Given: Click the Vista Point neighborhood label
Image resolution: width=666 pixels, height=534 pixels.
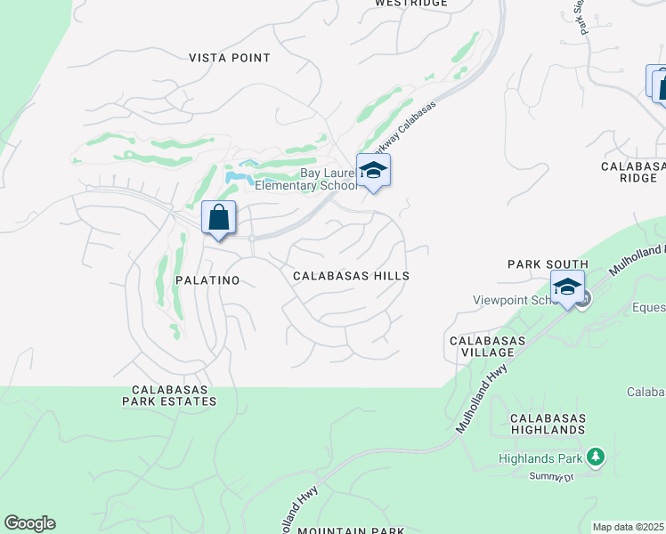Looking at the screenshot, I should tap(230, 58).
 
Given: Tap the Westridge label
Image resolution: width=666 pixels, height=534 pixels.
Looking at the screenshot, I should tap(410, 4).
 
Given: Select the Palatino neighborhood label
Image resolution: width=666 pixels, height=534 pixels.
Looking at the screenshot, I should tap(207, 280).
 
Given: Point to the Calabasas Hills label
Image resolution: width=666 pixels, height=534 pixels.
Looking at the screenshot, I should tap(352, 276).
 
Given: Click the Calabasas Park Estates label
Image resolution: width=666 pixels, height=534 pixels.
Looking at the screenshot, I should tap(175, 395).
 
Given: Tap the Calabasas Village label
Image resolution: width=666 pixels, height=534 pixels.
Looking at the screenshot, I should tap(486, 346).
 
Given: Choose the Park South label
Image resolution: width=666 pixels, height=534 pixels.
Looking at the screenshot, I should tap(548, 264).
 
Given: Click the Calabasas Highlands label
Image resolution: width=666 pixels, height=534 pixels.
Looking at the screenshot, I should tap(548, 424).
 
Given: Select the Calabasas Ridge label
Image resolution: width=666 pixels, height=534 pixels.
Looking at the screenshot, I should tap(633, 172).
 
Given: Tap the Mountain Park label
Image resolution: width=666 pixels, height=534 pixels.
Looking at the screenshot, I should tap(351, 530).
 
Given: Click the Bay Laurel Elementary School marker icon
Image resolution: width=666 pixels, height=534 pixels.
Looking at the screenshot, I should tap(373, 171).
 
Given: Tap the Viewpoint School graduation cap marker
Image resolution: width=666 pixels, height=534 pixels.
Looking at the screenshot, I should tap(567, 287).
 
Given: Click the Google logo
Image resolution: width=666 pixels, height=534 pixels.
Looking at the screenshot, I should tap(29, 523).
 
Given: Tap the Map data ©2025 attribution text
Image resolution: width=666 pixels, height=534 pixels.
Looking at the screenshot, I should tap(629, 527).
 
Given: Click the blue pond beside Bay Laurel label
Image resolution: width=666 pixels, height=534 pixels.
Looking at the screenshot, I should tap(236, 176).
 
